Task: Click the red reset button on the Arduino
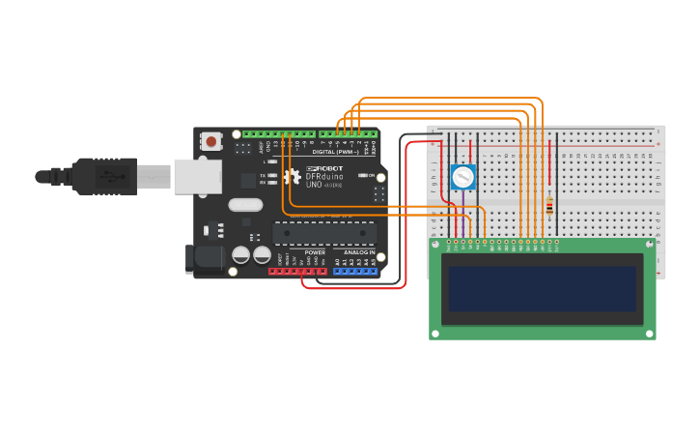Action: (x=210, y=142)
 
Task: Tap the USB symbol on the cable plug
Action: (x=115, y=177)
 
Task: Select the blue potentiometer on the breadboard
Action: (x=463, y=177)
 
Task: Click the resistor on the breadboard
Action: (x=550, y=205)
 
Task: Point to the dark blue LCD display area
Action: (x=543, y=288)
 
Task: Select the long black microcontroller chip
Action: (x=324, y=232)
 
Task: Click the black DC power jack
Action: (x=203, y=258)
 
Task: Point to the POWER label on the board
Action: (x=315, y=252)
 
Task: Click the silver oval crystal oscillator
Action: (x=246, y=204)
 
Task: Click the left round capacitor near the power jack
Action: (x=241, y=255)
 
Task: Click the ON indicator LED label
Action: (x=372, y=175)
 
